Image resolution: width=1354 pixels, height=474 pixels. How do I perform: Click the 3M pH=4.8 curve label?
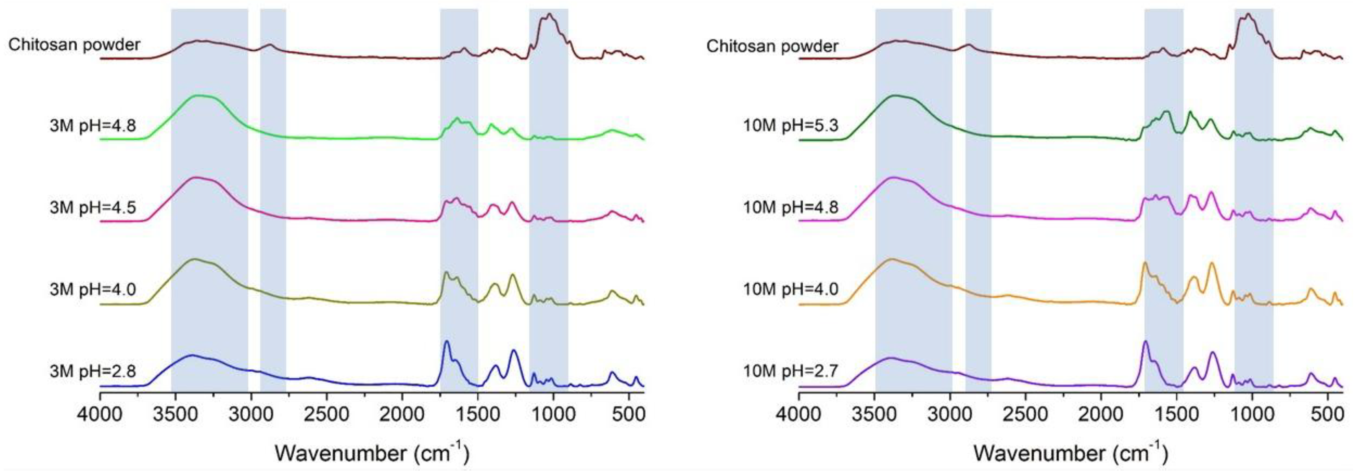click(93, 126)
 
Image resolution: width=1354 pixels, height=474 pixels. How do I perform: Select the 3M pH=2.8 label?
click(93, 371)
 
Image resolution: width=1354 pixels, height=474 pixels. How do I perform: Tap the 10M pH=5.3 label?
click(791, 126)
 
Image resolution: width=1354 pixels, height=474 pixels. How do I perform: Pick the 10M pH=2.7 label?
click(791, 371)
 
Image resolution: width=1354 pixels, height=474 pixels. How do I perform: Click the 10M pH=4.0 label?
click(791, 290)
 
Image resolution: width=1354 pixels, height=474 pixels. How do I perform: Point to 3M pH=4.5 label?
click(93, 207)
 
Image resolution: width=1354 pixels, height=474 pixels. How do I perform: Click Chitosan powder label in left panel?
click(74, 45)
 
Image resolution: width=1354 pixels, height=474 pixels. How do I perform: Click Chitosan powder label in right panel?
click(772, 46)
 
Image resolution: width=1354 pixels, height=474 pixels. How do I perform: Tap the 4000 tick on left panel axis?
click(100, 414)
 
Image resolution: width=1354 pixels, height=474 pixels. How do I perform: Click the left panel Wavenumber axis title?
click(371, 451)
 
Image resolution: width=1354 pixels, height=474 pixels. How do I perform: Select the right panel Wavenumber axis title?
click(1070, 451)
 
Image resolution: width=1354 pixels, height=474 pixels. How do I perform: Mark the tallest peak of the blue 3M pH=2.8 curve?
click(447, 342)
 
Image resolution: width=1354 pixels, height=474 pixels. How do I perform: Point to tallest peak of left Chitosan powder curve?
click(549, 14)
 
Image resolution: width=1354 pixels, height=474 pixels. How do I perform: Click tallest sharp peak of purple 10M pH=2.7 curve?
click(1145, 342)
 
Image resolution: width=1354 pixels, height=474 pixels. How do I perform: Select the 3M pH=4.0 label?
click(93, 290)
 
